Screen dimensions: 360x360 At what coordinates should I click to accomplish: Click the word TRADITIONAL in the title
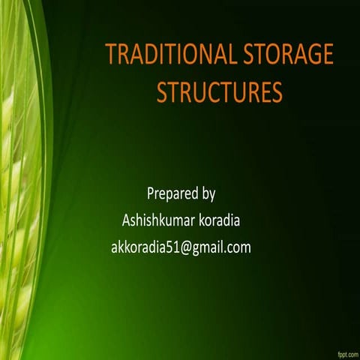tap(169, 55)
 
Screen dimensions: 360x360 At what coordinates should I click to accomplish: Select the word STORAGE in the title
tap(287, 55)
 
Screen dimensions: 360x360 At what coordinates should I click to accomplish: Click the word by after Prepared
tap(209, 195)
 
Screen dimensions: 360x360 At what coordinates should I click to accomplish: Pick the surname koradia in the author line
tap(218, 220)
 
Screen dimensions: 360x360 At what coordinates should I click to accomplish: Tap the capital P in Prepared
tap(151, 194)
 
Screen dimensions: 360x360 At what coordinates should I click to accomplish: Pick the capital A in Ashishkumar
tap(125, 220)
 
